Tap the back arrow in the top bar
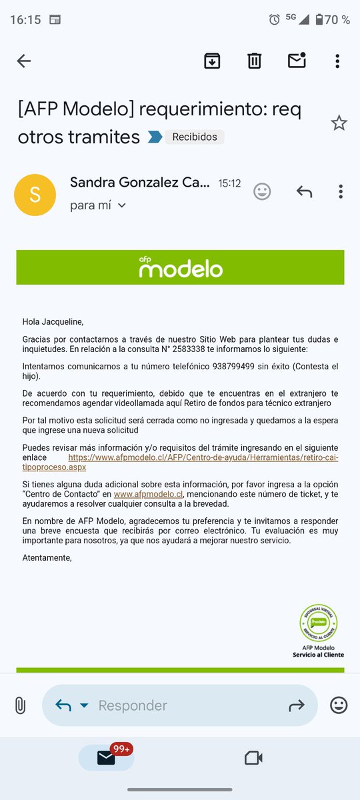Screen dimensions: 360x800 click(24, 61)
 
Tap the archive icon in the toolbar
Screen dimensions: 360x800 click(212, 61)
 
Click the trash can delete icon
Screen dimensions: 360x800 click(254, 61)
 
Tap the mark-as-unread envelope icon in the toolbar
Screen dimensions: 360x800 click(296, 61)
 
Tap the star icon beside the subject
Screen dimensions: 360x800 click(339, 123)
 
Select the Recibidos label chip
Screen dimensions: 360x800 click(195, 137)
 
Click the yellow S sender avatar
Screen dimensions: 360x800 click(35, 195)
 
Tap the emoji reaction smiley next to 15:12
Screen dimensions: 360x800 click(263, 192)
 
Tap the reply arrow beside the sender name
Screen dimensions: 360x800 click(304, 192)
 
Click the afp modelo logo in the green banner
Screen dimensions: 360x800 click(181, 267)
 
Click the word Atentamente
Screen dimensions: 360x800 click(47, 557)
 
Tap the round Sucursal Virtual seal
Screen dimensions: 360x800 click(318, 623)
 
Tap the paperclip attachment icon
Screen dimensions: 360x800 click(20, 705)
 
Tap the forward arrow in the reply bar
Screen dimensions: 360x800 click(296, 705)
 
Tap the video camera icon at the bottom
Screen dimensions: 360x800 click(253, 758)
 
